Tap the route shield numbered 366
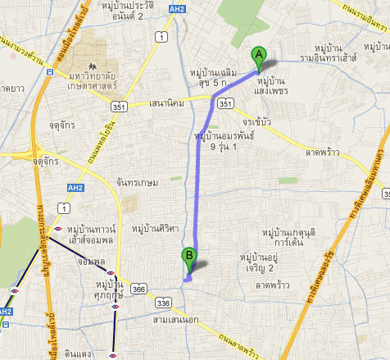139,289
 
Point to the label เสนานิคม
170,103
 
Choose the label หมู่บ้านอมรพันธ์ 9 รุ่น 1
222,140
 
